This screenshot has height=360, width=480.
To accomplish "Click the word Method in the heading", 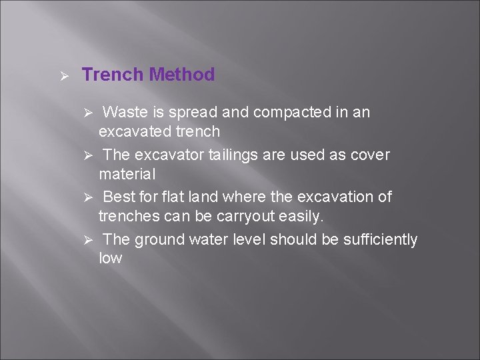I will [182, 75].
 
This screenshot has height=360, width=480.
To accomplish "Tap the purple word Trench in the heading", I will [113, 75].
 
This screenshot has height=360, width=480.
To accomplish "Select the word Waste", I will [125, 112].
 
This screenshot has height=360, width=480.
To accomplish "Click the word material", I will [127, 174].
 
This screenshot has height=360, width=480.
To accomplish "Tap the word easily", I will [303, 216].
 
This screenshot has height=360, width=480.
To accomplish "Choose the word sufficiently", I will [380, 239].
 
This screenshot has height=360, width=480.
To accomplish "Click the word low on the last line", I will [110, 259].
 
